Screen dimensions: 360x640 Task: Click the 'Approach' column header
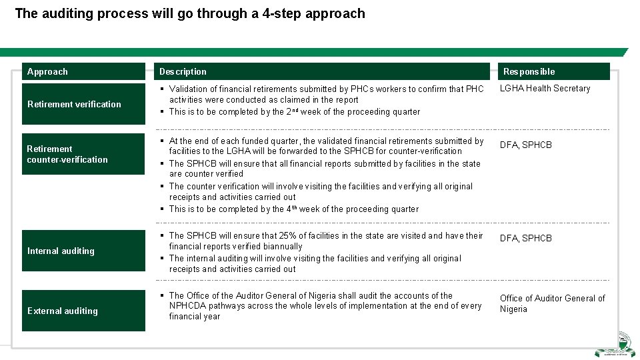tap(47, 71)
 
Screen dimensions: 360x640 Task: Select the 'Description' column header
tap(183, 71)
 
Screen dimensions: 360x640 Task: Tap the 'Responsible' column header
tap(529, 71)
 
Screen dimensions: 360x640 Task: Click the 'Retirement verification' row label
tap(74, 104)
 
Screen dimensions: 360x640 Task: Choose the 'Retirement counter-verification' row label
tap(67, 154)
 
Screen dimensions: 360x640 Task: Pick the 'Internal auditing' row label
tap(61, 251)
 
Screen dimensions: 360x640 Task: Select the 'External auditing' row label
tap(62, 311)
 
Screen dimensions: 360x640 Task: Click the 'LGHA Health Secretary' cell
tap(545, 88)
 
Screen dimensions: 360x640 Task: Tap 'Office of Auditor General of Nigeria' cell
tap(552, 303)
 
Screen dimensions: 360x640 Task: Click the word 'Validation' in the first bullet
tap(190, 89)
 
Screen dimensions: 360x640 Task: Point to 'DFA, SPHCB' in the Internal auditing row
tap(526, 238)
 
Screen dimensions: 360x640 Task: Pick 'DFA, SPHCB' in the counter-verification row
tap(526, 145)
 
